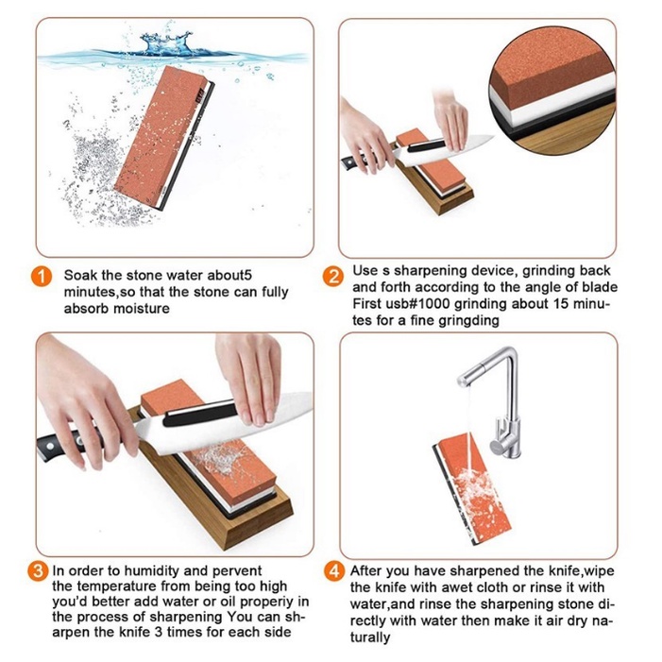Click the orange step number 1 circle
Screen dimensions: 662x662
coord(42,277)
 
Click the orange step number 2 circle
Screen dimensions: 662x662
coord(333,277)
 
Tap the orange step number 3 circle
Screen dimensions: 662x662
coord(38,570)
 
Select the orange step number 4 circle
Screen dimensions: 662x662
coord(334,571)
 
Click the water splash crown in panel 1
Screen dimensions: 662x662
coord(166,43)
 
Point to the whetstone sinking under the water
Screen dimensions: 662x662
coord(164,137)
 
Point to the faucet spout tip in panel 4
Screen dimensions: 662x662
coord(464,382)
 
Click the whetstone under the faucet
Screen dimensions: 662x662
coord(471,492)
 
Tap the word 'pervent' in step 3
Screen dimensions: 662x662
coord(237,570)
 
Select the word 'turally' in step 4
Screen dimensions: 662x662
coord(370,637)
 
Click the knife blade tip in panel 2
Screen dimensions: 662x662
coord(492,136)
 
